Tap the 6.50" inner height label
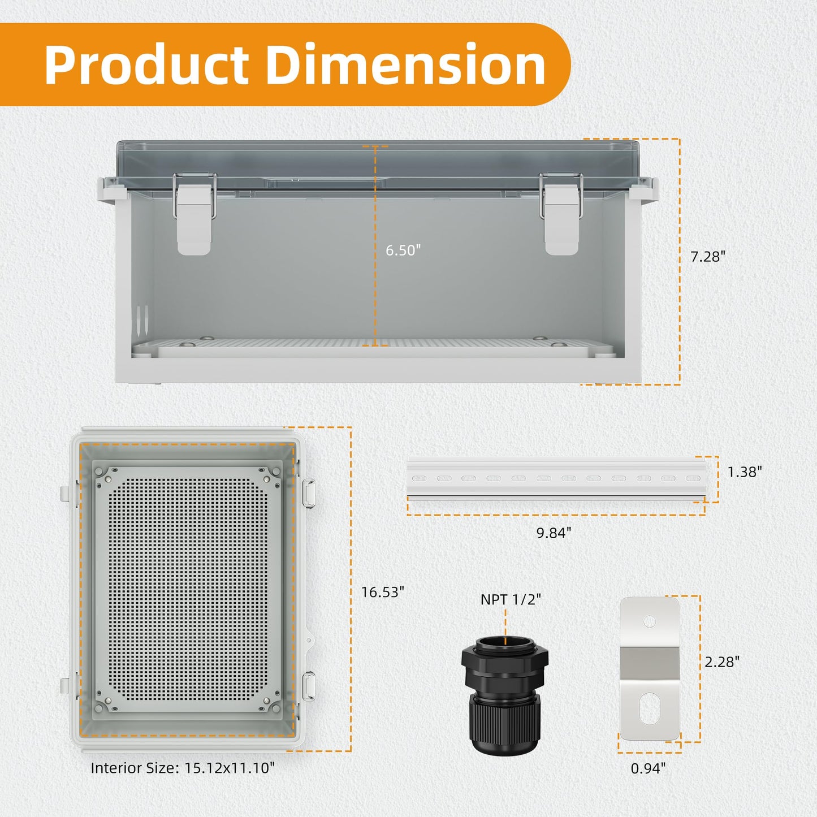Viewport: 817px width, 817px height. tap(403, 250)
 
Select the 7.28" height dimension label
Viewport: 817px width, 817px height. tap(708, 257)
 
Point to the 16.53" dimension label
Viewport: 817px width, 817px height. tap(382, 592)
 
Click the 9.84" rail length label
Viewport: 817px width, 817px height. tap(554, 533)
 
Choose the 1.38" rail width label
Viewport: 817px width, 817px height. tap(745, 472)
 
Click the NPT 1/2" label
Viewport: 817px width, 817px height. tap(511, 599)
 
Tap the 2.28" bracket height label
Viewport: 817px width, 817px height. tap(722, 662)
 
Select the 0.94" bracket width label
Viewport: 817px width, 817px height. tap(649, 768)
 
